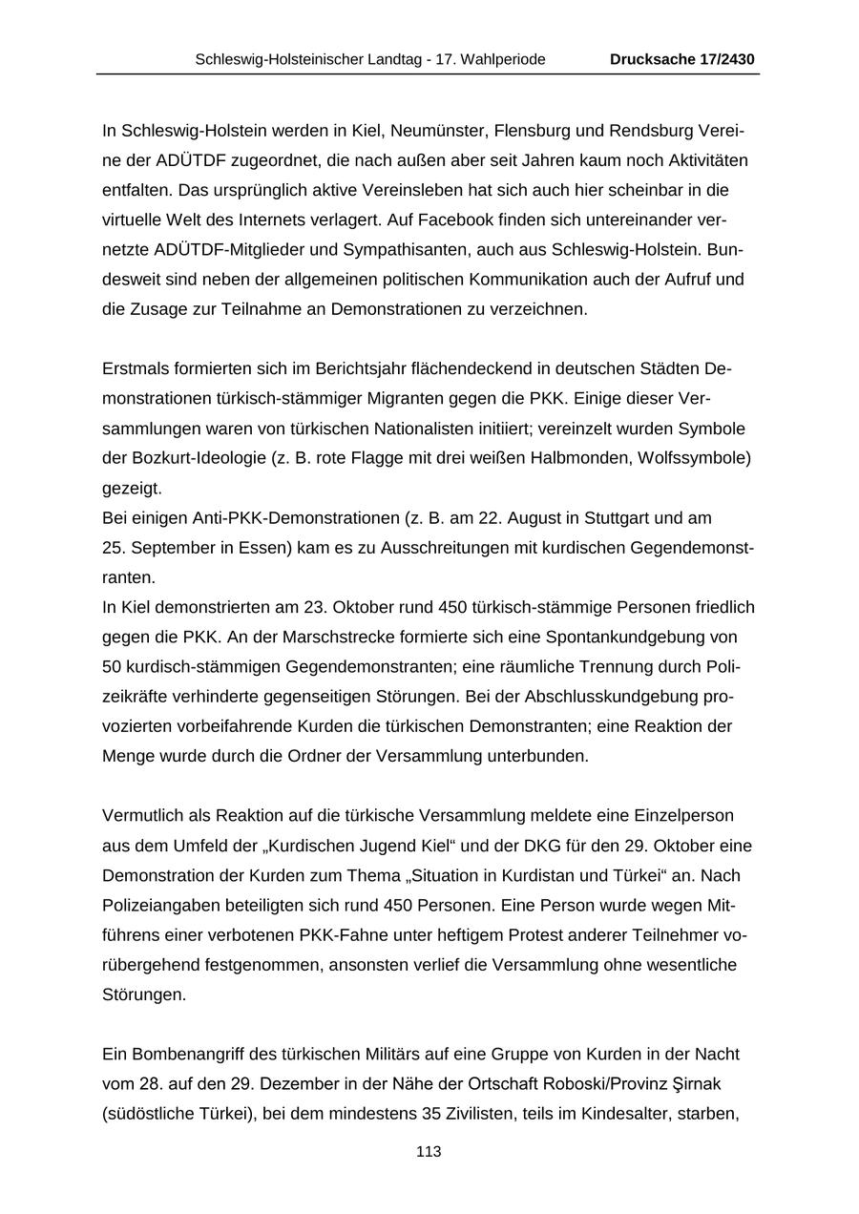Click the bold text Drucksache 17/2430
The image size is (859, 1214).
click(682, 59)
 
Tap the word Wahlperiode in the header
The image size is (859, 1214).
click(505, 59)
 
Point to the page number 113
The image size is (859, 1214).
click(429, 1152)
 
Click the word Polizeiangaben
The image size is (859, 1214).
click(156, 906)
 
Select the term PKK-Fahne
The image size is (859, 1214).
click(340, 935)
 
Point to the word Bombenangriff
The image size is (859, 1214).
click(172, 1055)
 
